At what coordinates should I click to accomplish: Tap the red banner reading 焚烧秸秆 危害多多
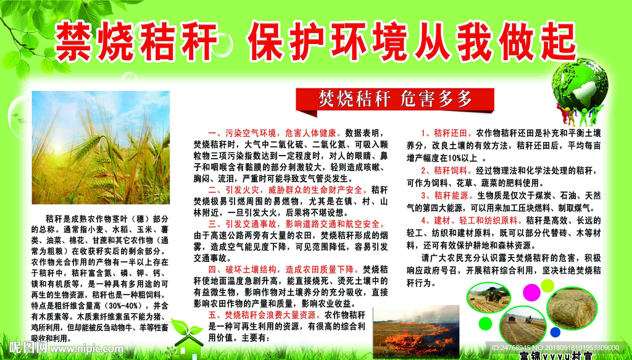(395, 98)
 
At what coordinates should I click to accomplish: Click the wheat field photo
(100, 148)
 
